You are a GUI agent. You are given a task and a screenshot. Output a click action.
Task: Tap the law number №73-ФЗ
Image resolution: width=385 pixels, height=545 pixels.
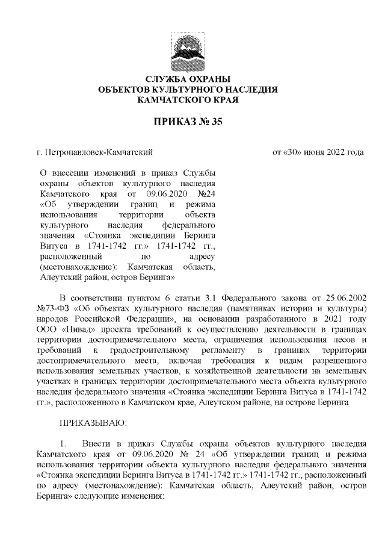[53, 308]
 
